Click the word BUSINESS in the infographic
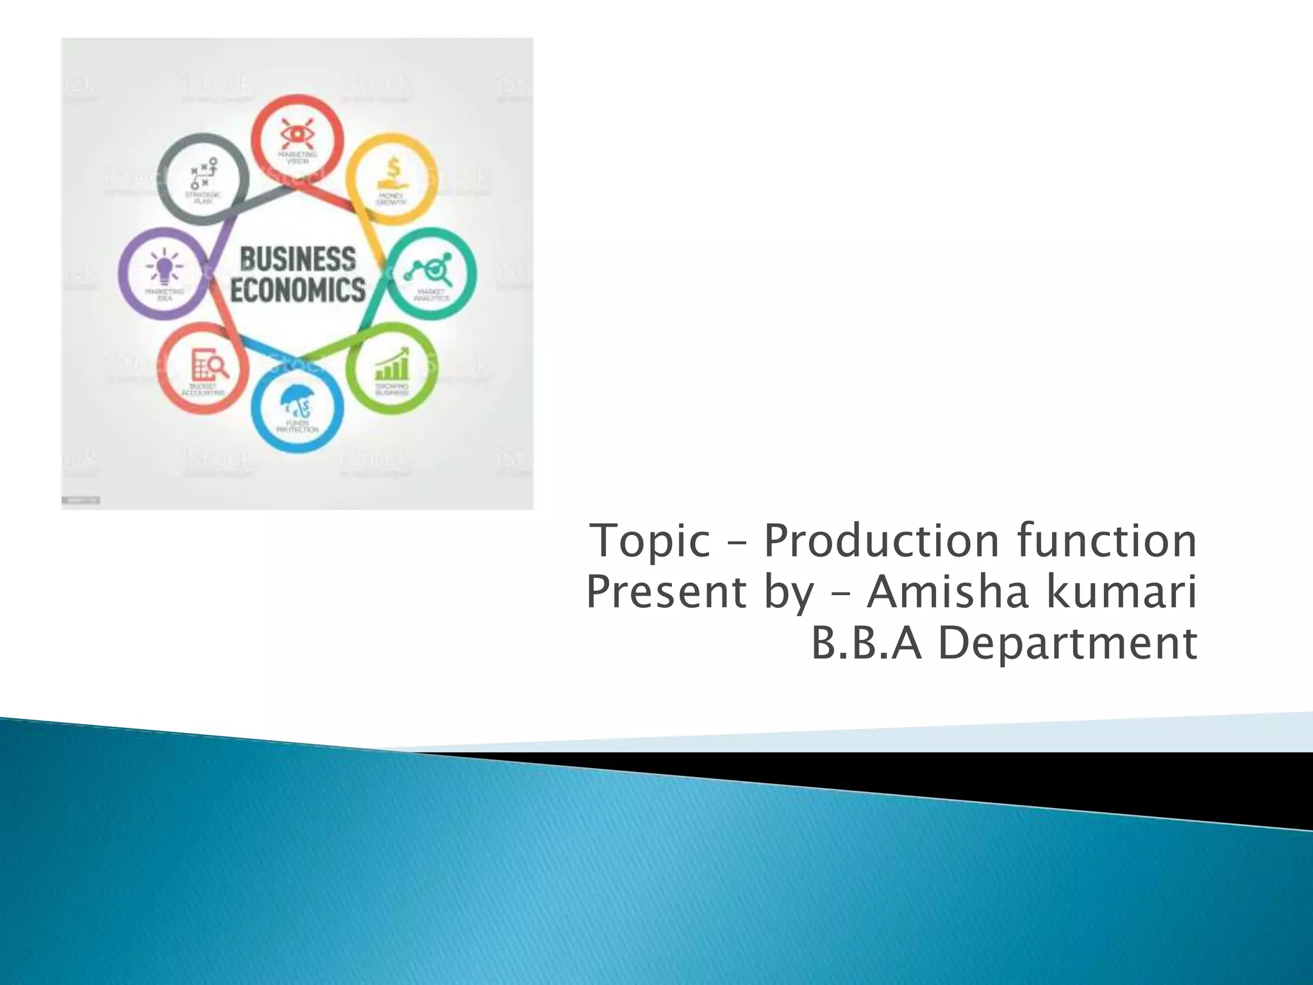(x=297, y=260)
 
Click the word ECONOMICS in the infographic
(x=297, y=290)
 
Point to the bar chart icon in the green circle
(x=392, y=366)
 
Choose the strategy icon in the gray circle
(x=204, y=173)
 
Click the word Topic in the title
(x=650, y=541)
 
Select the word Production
(x=881, y=540)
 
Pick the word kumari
(x=1121, y=591)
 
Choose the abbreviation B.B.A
(x=866, y=643)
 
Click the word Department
(x=1067, y=644)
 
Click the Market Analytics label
(x=431, y=296)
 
